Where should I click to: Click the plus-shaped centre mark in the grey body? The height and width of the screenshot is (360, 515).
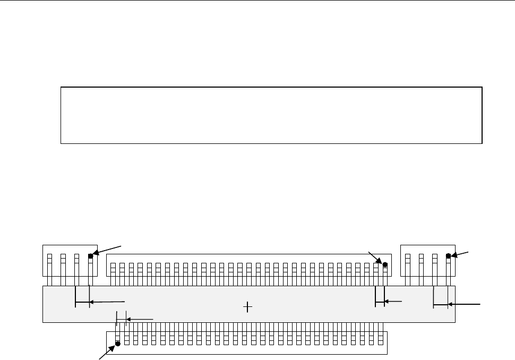point(247,306)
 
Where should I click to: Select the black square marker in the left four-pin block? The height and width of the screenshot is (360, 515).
point(91,256)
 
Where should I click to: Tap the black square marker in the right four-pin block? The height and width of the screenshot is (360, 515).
point(448,256)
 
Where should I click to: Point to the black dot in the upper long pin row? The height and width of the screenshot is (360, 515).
point(385,264)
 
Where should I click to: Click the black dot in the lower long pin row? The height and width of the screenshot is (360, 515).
point(118,344)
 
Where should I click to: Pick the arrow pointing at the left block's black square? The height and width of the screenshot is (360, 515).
point(109,250)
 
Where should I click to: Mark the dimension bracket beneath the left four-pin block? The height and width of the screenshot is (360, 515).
point(83,304)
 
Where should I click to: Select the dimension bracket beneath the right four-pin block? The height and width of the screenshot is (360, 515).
point(441,305)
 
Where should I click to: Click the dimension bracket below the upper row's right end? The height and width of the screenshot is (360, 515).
point(380,302)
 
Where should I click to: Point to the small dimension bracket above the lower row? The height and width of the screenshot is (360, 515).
point(121,319)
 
